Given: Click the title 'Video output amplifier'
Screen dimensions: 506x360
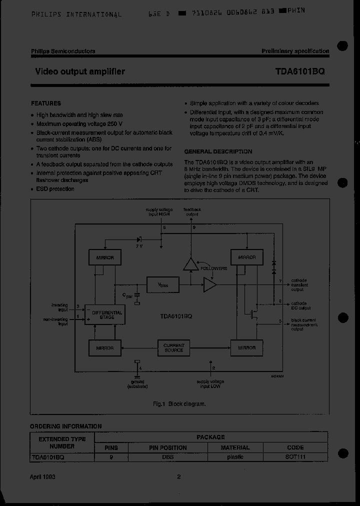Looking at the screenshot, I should click(80, 71).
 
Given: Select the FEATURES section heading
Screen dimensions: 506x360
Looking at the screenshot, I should click(46, 103).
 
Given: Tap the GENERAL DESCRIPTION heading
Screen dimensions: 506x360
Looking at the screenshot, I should click(218, 151).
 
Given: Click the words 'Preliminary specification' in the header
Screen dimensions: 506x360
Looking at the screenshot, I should click(295, 51).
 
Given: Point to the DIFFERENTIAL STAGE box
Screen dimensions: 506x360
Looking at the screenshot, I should click(103, 314).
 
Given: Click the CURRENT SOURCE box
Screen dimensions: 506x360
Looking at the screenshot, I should click(174, 347).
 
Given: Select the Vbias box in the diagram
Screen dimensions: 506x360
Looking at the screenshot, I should click(163, 284).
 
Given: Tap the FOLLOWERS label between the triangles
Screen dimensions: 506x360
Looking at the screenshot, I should click(214, 268).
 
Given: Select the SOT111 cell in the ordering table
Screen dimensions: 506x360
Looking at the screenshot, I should click(295, 457).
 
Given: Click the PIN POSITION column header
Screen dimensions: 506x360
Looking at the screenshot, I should click(168, 447).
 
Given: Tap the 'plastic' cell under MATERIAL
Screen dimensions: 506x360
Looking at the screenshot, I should click(235, 457).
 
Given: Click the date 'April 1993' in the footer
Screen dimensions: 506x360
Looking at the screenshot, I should click(43, 476).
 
